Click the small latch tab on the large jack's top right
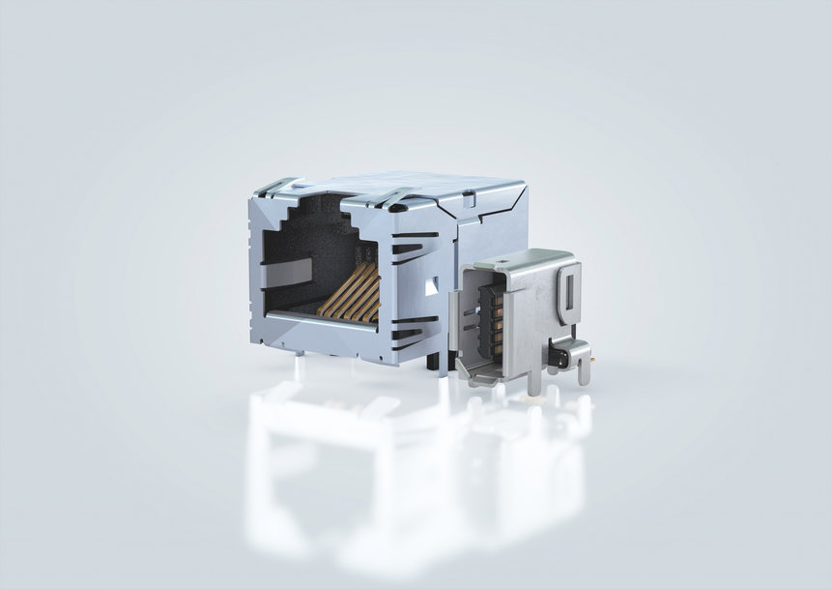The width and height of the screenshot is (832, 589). click(x=468, y=200)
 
